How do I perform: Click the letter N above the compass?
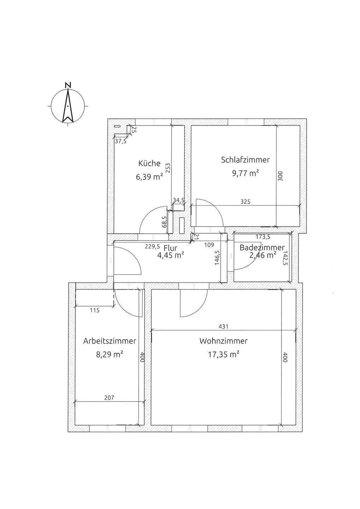[x=68, y=85]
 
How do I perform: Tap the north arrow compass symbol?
[x=68, y=106]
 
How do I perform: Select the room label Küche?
[x=149, y=163]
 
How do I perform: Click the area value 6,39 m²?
[x=149, y=177]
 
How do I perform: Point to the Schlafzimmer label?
[x=245, y=159]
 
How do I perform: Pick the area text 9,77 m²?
[x=245, y=173]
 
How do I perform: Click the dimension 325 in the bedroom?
[x=245, y=202]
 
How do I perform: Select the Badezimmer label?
[x=262, y=247]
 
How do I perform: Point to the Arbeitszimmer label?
[x=110, y=341]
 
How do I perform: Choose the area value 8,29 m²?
[x=110, y=355]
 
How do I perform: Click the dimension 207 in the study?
[x=110, y=398]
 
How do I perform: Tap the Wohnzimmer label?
[x=223, y=341]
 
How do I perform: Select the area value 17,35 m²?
[x=223, y=354]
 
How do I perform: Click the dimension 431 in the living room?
[x=223, y=327]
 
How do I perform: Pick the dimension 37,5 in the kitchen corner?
[x=121, y=141]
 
